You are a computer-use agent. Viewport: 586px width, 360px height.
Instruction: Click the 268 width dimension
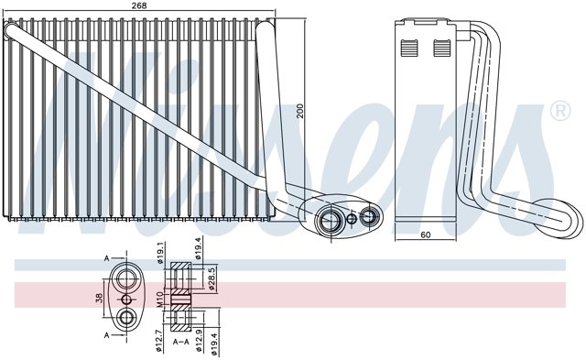pyautogui.click(x=139, y=5)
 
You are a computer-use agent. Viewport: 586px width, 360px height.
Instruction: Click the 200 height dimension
pyautogui.click(x=300, y=111)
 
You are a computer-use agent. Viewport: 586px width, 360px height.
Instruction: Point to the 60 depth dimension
pyautogui.click(x=425, y=235)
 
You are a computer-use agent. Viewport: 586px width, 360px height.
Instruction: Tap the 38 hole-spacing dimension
pyautogui.click(x=100, y=298)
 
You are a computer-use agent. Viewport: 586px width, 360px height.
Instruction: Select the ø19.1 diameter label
pyautogui.click(x=160, y=255)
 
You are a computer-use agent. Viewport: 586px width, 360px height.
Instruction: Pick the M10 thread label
pyautogui.click(x=160, y=300)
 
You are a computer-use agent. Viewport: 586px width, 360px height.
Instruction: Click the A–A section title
pyautogui.click(x=181, y=342)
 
